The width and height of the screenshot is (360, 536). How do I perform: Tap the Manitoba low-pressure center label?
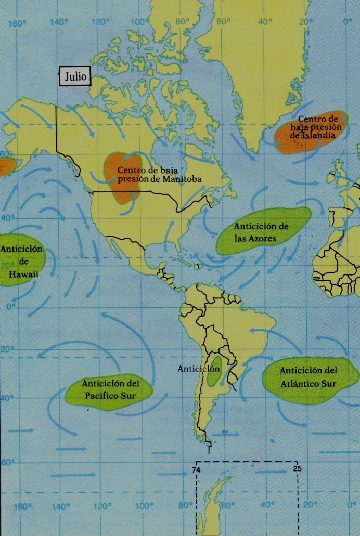[159, 174]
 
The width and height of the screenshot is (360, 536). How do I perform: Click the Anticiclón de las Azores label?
[261, 232]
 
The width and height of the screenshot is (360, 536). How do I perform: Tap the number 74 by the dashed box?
[197, 471]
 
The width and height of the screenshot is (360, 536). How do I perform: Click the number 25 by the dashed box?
[297, 467]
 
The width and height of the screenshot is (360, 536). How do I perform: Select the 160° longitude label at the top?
[18, 23]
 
